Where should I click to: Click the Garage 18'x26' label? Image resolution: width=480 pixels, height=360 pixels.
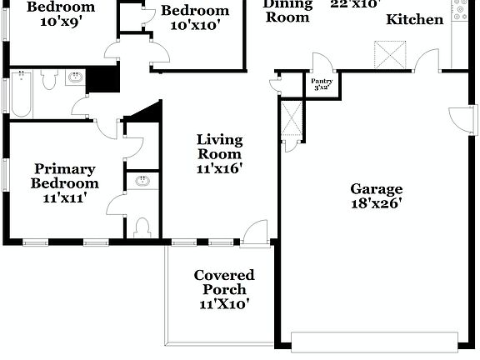[376, 196]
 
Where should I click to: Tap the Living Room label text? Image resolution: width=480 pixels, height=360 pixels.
[219, 154]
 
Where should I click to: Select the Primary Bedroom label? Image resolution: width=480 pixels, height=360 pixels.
[64, 183]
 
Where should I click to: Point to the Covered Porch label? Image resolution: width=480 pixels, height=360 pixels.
[223, 289]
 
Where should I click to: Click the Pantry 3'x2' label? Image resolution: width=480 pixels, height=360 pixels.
[322, 84]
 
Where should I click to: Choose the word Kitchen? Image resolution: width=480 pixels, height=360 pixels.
[414, 19]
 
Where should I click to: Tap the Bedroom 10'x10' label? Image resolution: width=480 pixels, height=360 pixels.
[194, 17]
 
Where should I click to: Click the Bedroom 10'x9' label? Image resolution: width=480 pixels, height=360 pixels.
[61, 14]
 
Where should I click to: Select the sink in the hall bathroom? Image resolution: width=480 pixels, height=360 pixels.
[76, 78]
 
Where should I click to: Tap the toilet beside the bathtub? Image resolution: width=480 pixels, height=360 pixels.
[47, 79]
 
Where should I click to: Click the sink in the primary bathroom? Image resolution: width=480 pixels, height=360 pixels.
[142, 180]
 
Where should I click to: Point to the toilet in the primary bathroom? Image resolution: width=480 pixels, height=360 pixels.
[142, 227]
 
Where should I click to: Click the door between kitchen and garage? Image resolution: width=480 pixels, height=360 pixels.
[427, 60]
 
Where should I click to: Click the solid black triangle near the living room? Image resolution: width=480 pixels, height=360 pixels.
[143, 115]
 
